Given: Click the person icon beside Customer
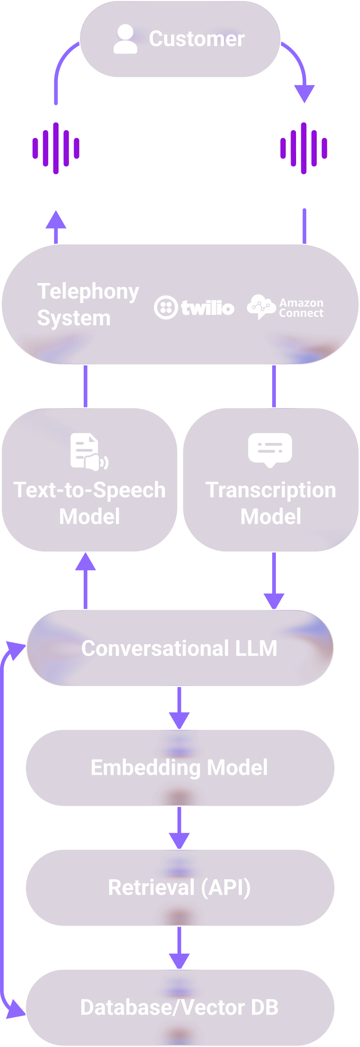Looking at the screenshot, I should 125,40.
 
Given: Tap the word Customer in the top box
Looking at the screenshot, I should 196,39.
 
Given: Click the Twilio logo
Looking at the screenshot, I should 194,308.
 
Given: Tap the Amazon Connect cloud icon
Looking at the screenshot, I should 261,307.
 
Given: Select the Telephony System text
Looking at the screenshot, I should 87,304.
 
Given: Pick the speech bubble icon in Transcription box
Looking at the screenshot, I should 270,450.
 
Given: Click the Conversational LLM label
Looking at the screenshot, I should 179,648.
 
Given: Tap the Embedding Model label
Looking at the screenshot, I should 179,767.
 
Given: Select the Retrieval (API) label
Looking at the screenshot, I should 179,887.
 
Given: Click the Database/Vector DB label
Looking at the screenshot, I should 179,1007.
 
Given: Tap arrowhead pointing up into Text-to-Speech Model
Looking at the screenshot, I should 86,562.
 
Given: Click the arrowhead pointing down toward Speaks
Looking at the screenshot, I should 304,94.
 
